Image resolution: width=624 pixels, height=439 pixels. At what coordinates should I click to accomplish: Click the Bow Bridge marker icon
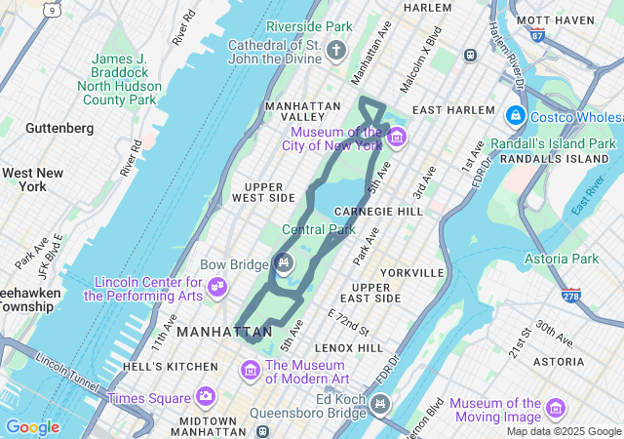point(283,261)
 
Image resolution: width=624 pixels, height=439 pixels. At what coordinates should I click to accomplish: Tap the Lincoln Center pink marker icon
point(218,287)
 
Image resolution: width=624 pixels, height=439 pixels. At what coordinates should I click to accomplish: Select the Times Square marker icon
point(205,396)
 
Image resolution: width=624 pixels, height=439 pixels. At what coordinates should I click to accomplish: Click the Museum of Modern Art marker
point(251,371)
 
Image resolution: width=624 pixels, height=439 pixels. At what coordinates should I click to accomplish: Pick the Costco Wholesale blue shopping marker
point(515,116)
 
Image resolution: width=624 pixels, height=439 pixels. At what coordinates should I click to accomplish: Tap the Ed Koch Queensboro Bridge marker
point(378,403)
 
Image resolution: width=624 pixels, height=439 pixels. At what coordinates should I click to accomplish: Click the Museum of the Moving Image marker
point(556,407)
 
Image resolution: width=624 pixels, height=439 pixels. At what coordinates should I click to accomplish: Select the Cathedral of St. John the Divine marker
point(336,50)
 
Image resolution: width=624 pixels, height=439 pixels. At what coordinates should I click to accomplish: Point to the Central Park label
point(318,230)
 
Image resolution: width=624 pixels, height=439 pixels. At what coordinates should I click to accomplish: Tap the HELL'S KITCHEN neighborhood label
point(171,367)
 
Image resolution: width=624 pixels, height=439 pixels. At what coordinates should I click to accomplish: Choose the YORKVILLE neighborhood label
point(413,273)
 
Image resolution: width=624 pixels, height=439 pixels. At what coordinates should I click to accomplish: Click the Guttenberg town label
point(59,128)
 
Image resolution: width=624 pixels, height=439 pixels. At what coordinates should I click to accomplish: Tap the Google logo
point(32,427)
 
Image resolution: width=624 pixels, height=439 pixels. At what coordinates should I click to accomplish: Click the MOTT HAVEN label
point(556,20)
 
